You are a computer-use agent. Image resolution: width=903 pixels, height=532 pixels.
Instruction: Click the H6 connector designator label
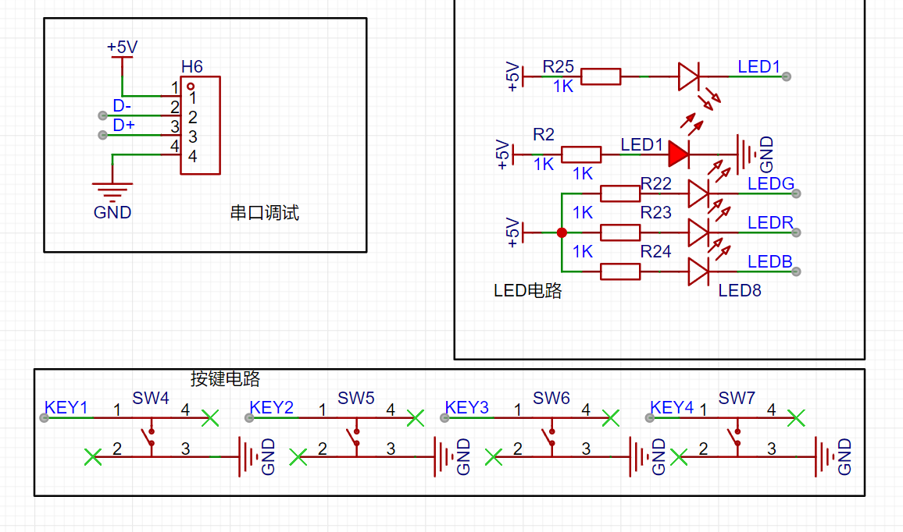point(192,67)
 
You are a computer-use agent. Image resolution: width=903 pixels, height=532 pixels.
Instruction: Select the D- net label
point(122,106)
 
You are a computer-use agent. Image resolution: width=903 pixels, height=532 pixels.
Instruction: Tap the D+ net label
point(124,126)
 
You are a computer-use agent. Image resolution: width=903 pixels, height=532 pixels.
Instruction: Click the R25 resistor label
point(558,67)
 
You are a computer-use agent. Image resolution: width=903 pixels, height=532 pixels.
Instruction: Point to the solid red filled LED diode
point(679,154)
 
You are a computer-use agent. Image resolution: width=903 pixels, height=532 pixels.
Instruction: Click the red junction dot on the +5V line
point(562,232)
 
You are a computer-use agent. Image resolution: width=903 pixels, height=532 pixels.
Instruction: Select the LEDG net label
point(770,184)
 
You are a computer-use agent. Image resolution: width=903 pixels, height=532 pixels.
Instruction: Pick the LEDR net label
point(770,222)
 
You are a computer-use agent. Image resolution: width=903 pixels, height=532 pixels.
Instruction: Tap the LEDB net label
point(770,261)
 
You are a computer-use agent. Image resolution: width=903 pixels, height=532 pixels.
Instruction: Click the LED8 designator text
point(740,290)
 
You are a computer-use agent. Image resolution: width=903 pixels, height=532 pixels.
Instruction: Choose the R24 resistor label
point(656,252)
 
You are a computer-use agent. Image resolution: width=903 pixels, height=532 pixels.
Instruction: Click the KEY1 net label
point(66,408)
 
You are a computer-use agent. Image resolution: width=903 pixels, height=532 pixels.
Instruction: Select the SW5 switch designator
point(356,398)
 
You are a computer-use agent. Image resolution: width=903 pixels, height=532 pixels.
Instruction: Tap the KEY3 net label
point(467,408)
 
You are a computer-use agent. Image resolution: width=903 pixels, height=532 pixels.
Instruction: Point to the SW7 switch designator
point(737,398)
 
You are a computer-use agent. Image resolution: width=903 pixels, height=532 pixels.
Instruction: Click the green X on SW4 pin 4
point(210,418)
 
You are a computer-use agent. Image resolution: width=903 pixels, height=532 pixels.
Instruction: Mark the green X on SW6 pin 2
point(494,457)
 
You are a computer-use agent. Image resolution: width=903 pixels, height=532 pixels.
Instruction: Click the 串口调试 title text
point(265,213)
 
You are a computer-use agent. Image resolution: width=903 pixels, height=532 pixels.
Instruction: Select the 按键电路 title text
point(225,378)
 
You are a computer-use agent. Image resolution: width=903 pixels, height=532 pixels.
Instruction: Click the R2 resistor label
point(543,135)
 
